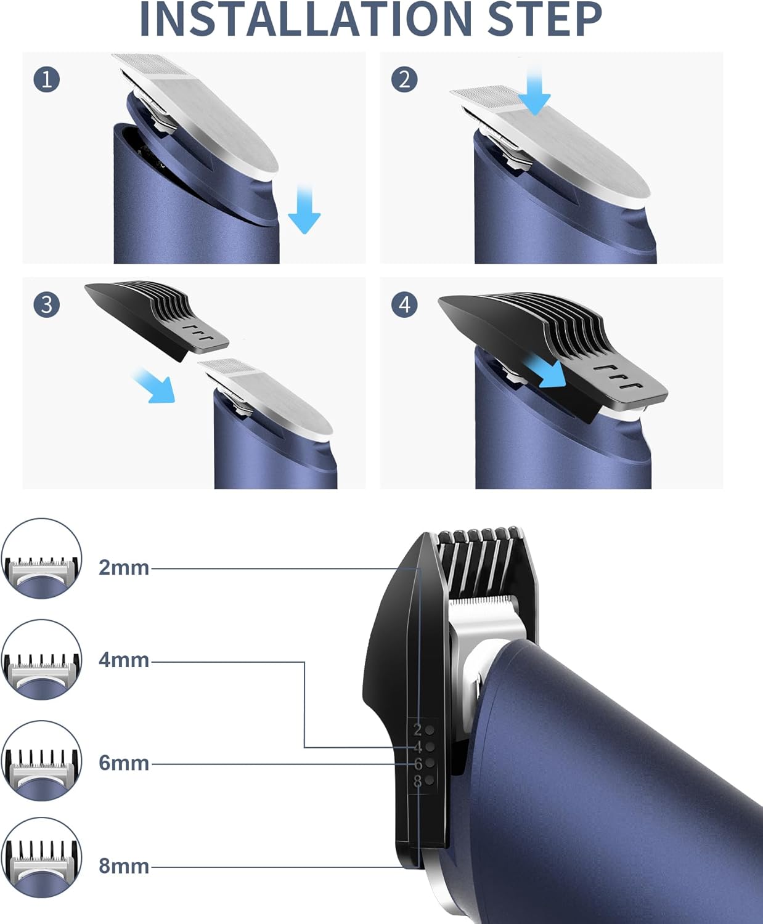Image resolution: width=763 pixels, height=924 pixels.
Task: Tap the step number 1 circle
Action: [x=47, y=79]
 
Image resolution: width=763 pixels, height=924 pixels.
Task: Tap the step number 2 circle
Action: [x=404, y=79]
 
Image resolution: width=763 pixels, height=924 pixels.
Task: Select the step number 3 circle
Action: [x=47, y=304]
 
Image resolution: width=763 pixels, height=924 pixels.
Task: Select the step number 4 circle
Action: [x=404, y=304]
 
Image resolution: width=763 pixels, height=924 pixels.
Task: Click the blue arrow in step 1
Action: [x=304, y=209]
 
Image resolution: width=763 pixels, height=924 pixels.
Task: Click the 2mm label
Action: [x=124, y=567]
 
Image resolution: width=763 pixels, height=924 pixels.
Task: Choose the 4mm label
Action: [x=124, y=660]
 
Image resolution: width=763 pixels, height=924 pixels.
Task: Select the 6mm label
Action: [x=124, y=763]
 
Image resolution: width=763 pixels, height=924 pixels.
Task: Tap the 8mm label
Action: [x=124, y=866]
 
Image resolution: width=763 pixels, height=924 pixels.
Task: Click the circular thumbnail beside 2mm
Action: [x=41, y=559]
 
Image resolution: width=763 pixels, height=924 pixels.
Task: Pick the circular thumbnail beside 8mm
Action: [x=41, y=857]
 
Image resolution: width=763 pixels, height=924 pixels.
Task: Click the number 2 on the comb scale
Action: [x=418, y=730]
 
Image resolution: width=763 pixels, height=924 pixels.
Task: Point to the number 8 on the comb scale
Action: [x=418, y=781]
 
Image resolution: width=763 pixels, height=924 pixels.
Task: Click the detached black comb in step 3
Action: [x=154, y=317]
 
